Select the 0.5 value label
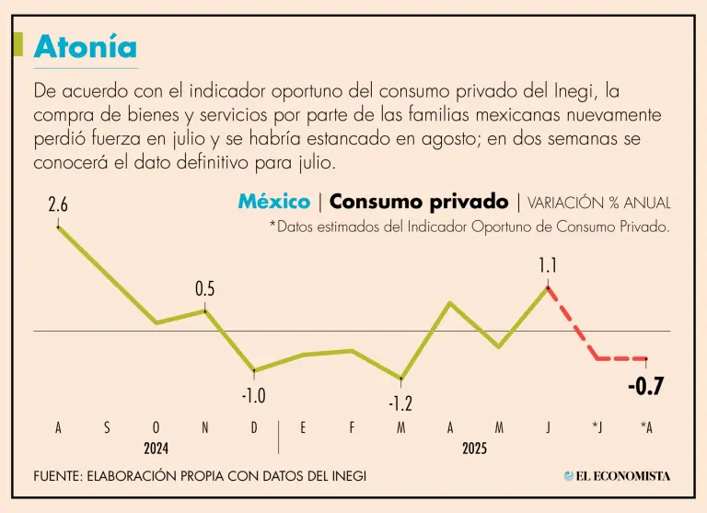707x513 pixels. [204, 289]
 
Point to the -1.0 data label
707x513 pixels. [253, 396]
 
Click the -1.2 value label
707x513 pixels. [400, 403]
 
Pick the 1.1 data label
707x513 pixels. [548, 266]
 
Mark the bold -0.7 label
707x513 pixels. [645, 387]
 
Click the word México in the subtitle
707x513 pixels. [273, 202]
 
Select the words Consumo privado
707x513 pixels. [418, 202]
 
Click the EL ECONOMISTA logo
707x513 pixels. [618, 475]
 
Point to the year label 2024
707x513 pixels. [156, 449]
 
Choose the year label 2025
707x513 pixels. [474, 449]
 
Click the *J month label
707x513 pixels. [597, 427]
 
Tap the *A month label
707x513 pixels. [646, 427]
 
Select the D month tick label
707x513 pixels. [254, 427]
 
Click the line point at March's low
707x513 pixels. [401, 379]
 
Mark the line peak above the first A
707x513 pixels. [58, 227]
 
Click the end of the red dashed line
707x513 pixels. [646, 358]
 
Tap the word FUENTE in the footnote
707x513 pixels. [56, 475]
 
